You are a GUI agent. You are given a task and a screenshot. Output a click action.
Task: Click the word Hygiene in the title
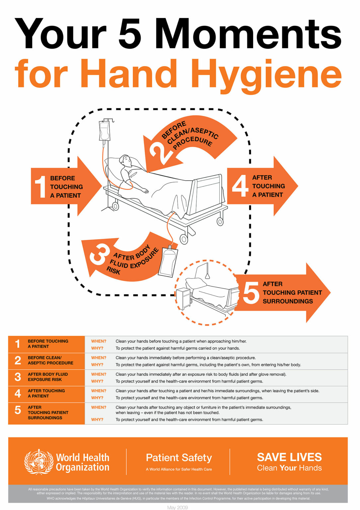tap(266, 74)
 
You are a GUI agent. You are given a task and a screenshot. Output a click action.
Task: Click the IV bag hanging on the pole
tap(104, 131)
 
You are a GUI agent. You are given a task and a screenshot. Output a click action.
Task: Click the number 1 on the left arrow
tap(40, 187)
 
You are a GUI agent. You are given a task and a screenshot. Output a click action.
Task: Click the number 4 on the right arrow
tap(240, 186)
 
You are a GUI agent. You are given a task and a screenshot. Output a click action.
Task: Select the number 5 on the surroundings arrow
tap(251, 292)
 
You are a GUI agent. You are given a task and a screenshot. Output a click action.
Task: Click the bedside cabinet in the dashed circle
tap(183, 297)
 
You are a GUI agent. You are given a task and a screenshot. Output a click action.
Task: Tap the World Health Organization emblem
tap(39, 462)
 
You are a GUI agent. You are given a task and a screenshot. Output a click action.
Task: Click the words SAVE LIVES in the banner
tap(289, 457)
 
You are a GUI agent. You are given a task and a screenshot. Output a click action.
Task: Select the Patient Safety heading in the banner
tap(179, 458)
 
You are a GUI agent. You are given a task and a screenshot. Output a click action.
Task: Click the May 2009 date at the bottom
tap(178, 507)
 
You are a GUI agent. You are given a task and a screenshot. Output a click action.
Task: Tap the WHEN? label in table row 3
tap(99, 374)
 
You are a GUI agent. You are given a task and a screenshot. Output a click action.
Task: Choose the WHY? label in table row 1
tap(97, 348)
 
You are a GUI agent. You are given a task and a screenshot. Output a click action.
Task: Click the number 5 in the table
tap(18, 410)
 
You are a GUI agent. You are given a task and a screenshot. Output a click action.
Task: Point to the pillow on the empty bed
tap(195, 283)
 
